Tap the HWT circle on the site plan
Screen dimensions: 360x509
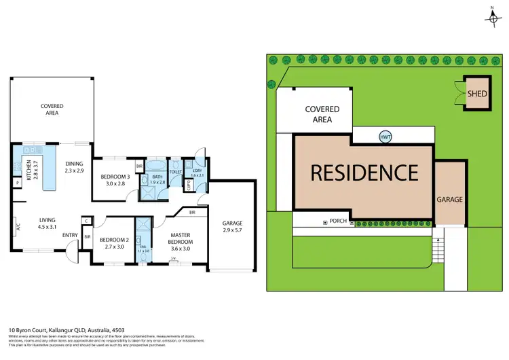click(x=385, y=136)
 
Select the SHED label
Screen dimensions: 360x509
click(x=477, y=93)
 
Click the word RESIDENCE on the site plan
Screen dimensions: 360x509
click(x=364, y=173)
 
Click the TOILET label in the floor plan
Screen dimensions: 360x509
click(x=175, y=172)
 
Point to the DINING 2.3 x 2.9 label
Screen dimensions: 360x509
click(x=74, y=167)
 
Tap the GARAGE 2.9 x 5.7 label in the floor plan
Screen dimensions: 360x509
click(x=231, y=227)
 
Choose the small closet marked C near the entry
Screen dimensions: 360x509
click(x=87, y=221)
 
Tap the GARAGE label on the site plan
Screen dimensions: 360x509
click(x=449, y=200)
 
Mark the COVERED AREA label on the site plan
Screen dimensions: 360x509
click(x=322, y=114)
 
